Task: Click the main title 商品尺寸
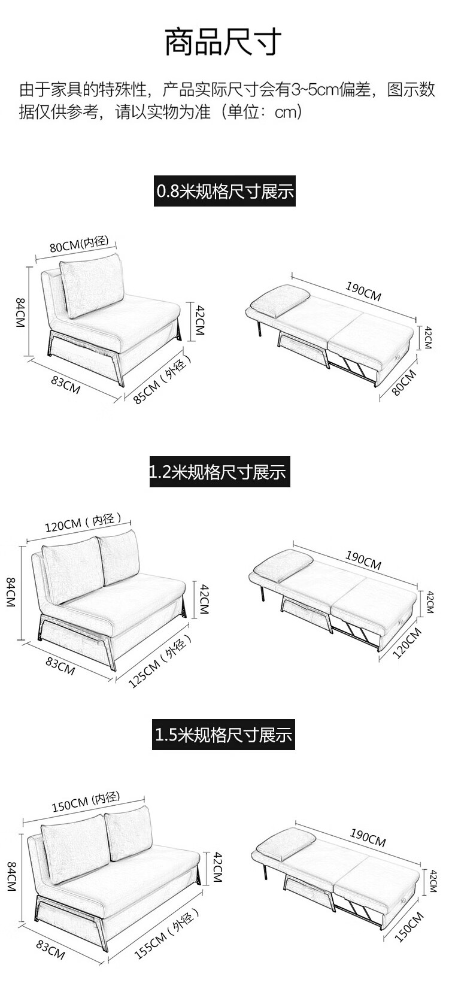point(223,41)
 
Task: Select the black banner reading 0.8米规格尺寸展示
point(224,192)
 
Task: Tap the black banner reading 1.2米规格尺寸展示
point(219,472)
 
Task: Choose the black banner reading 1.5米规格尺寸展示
point(223,734)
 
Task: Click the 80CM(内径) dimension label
point(78,244)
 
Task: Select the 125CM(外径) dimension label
point(160,661)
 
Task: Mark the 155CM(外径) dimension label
point(166,933)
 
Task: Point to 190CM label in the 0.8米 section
point(363,290)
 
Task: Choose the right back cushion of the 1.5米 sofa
point(128,835)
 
